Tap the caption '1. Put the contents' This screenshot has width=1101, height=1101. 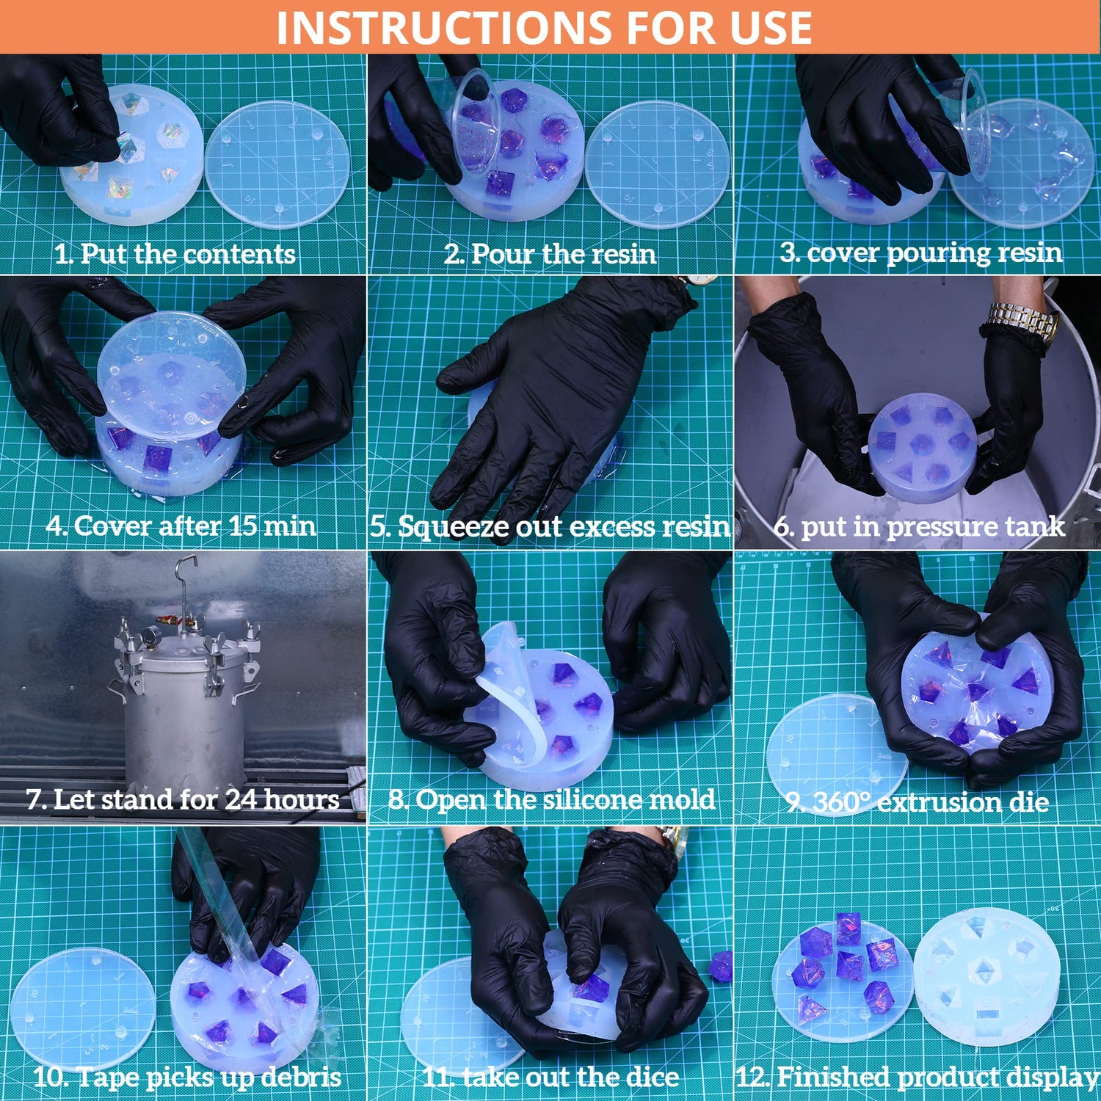tap(175, 254)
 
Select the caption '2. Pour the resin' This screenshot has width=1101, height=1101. tap(550, 254)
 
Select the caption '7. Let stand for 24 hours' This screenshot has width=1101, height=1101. tap(183, 799)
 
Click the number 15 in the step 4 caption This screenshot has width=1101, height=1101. tap(242, 526)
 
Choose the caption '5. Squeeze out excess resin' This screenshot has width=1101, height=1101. tap(550, 527)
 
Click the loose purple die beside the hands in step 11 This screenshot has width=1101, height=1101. tap(721, 965)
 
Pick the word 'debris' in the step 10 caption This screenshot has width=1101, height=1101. tap(305, 1077)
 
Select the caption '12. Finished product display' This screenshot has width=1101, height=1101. tap(917, 1077)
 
